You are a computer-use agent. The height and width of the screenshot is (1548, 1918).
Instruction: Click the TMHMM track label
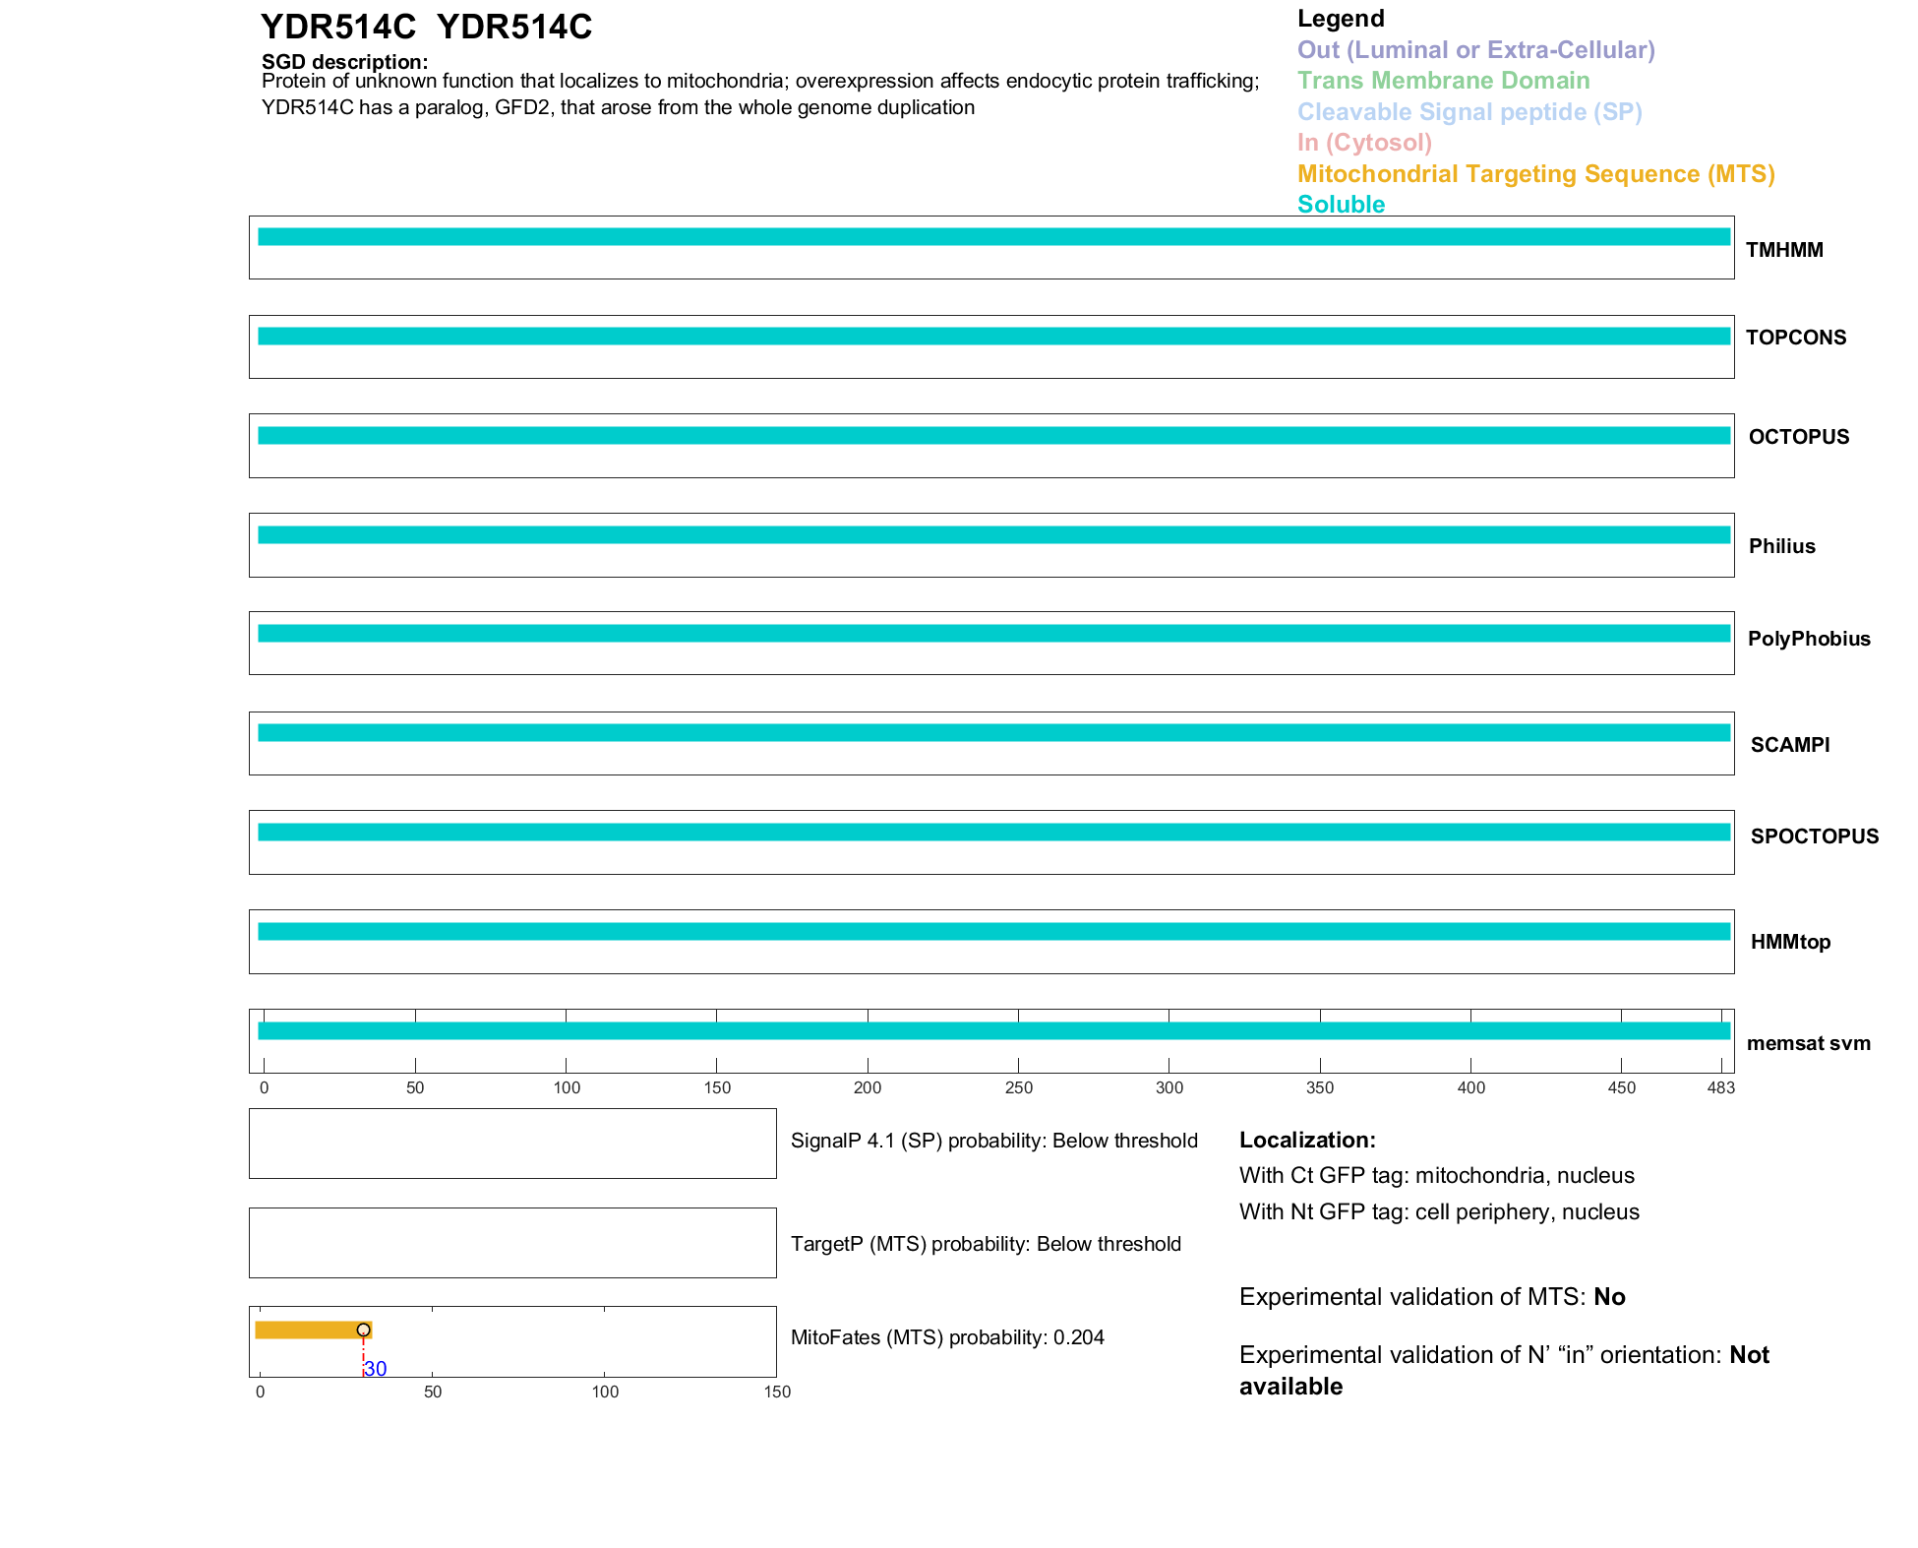click(1783, 250)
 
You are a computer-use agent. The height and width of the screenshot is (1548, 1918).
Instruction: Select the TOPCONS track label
click(1795, 338)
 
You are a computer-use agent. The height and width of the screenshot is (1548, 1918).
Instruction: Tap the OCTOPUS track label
click(1798, 437)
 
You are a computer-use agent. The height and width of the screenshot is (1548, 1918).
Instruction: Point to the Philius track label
click(1781, 546)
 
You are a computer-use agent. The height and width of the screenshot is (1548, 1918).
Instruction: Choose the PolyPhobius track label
click(1808, 639)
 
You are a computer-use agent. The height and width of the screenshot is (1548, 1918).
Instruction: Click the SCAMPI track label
click(1789, 745)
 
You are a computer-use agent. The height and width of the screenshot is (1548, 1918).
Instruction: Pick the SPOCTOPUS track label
click(1814, 836)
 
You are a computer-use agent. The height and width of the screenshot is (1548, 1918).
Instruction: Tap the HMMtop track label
click(1789, 942)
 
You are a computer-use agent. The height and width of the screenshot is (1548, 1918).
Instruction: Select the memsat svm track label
click(1808, 1043)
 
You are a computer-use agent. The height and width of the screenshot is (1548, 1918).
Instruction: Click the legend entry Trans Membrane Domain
click(1443, 81)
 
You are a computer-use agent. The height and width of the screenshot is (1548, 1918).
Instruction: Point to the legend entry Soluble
click(1341, 205)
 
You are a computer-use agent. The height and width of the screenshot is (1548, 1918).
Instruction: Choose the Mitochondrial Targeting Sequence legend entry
click(1535, 174)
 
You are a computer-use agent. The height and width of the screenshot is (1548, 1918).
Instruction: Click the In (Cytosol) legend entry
click(1364, 143)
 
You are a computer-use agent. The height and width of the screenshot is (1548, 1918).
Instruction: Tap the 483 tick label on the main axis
click(1721, 1087)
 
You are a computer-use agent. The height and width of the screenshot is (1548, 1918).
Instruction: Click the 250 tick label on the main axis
click(1019, 1087)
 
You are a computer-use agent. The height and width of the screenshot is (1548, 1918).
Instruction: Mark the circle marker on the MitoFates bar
click(364, 1330)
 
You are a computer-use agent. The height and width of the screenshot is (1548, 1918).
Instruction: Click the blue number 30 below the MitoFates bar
click(376, 1369)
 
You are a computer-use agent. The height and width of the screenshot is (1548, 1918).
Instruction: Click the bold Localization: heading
click(1307, 1140)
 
